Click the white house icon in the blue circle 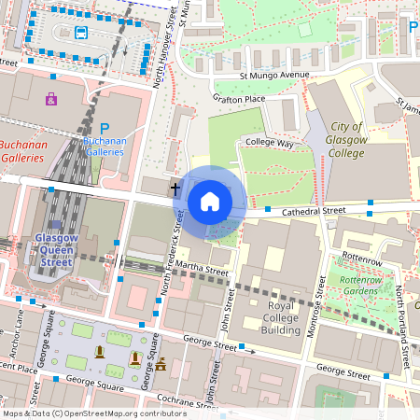coord(210,202)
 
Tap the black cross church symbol coord(175,189)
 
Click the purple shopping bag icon coord(50,97)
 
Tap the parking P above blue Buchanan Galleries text coord(105,129)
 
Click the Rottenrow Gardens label coord(360,285)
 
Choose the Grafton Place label coord(239,97)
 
